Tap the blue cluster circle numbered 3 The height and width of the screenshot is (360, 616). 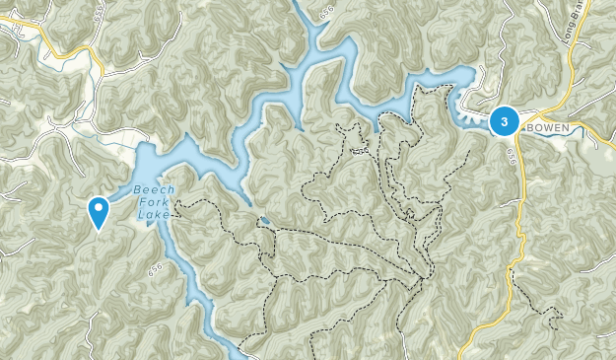(505, 121)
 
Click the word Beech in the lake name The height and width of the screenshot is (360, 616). (152, 191)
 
